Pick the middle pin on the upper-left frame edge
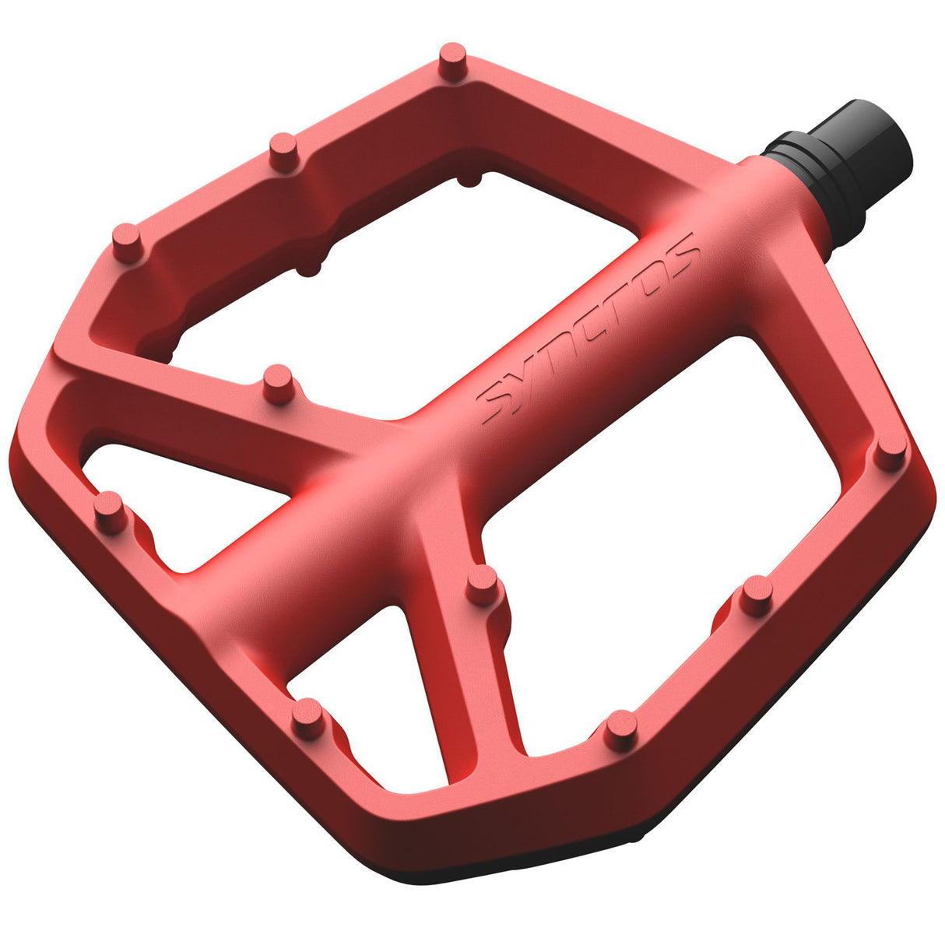click(284, 149)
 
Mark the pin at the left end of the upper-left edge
click(126, 241)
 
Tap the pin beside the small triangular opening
click(110, 511)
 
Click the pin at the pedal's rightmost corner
click(891, 451)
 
